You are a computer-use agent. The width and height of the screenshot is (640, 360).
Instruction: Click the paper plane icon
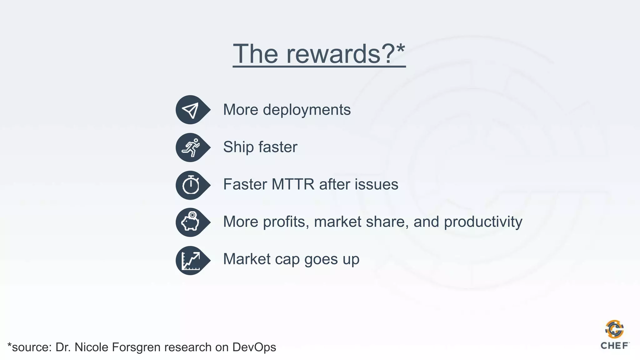coord(191,110)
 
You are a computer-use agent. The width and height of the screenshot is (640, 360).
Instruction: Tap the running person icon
coord(191,147)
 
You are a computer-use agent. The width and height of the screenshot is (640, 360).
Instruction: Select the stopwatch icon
coord(191,185)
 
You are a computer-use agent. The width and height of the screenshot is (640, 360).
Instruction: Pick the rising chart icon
coord(191,260)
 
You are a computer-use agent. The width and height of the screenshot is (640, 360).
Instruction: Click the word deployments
coord(307,110)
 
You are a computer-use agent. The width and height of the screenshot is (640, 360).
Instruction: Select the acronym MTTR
coord(293,184)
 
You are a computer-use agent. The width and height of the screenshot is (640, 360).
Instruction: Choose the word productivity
coord(483,222)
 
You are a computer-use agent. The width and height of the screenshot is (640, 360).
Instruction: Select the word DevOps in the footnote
coord(254,347)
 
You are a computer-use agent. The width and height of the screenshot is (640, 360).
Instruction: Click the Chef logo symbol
coord(614,329)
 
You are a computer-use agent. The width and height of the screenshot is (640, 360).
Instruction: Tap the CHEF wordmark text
coord(614,346)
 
